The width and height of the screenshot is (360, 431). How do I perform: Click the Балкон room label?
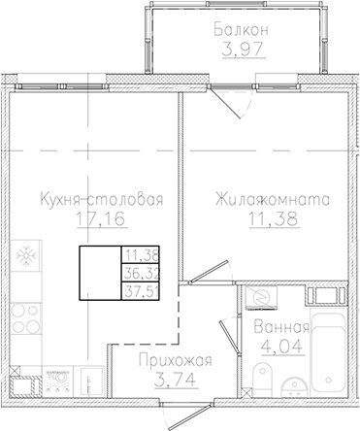(x=241, y=30)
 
